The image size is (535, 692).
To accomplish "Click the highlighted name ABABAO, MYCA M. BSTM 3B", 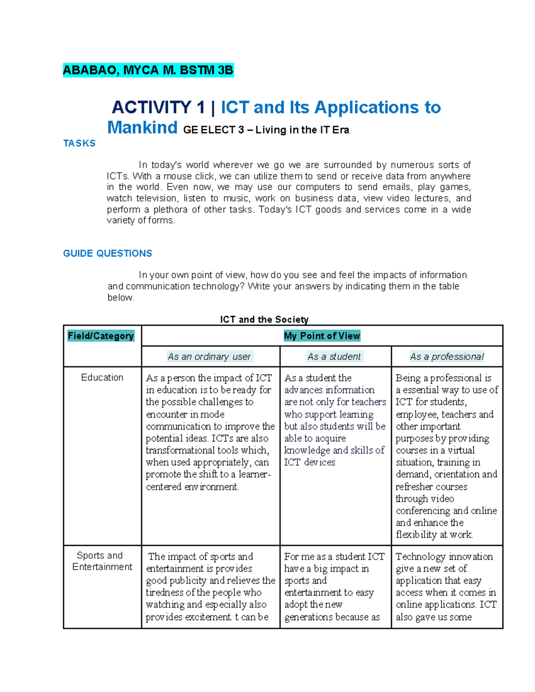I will point(148,70).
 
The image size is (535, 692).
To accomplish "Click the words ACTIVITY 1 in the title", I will point(158,108).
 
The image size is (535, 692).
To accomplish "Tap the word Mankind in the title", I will point(142,128).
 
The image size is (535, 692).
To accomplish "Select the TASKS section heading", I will point(79,143).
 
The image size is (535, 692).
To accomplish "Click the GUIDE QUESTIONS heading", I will point(107,254).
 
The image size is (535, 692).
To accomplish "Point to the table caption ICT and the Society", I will point(264,319).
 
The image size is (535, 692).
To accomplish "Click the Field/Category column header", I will point(101,336).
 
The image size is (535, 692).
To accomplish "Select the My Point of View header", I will point(322,336).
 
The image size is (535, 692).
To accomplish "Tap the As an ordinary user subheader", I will point(209,356).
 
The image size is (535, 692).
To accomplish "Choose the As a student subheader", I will point(334,356).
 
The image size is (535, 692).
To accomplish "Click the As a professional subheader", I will point(447,356).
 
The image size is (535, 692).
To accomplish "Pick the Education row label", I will point(102,377).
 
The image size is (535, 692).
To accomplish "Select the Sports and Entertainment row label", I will point(102,561).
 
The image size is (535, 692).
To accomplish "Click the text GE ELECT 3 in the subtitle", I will point(214,130).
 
